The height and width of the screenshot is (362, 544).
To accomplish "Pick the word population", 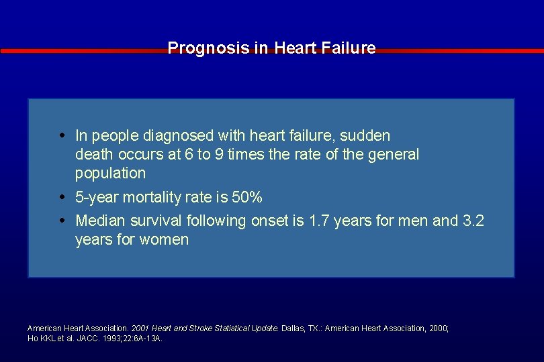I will [x=110, y=174].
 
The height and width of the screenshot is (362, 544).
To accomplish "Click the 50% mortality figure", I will [x=246, y=198].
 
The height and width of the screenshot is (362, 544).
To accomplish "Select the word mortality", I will [x=158, y=198].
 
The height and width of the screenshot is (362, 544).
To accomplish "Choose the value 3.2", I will [x=473, y=221].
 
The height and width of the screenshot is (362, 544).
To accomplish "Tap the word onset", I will [x=271, y=221].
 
